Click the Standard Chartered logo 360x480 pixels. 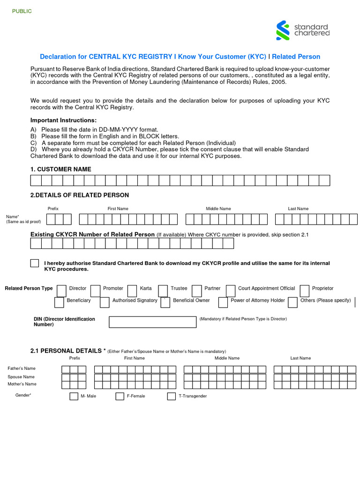click(x=303, y=30)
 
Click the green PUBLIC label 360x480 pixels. click(x=22, y=11)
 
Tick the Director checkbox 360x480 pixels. click(x=61, y=290)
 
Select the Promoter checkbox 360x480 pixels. click(x=95, y=290)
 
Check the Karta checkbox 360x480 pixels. click(x=132, y=290)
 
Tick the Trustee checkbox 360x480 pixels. click(x=163, y=290)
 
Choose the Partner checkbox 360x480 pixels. click(x=196, y=290)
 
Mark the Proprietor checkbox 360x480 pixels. click(x=304, y=290)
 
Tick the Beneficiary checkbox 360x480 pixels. click(x=59, y=302)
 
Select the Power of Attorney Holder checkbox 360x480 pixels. click(x=223, y=302)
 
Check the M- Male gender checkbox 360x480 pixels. click(x=74, y=397)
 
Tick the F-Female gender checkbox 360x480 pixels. click(x=120, y=397)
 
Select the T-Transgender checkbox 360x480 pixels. click(x=171, y=397)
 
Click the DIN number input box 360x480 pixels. click(x=152, y=322)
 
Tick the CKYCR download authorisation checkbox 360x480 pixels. click(x=35, y=263)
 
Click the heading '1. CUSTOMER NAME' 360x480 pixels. click(x=61, y=169)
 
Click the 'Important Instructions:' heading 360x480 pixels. click(x=63, y=120)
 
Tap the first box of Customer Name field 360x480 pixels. click(x=36, y=180)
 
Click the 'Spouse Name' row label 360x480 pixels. click(x=21, y=377)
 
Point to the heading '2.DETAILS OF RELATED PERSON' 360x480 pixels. click(x=79, y=195)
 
